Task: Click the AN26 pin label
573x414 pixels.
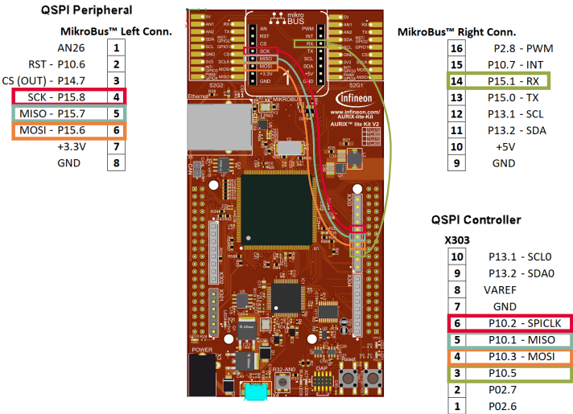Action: click(77, 47)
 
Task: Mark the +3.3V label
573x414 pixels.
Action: click(71, 146)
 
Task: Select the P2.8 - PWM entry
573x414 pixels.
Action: click(509, 47)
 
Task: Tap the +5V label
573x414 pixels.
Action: click(505, 146)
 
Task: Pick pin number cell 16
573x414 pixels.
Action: click(456, 47)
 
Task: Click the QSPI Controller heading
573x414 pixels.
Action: click(476, 219)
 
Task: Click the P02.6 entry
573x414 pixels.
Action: click(503, 407)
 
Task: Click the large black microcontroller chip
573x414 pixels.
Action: click(273, 204)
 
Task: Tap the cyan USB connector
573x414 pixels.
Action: click(256, 393)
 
